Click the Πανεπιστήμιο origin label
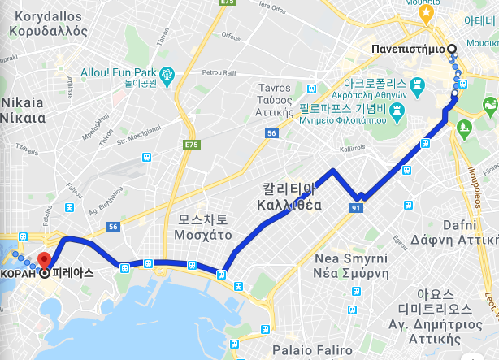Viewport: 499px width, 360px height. [407, 49]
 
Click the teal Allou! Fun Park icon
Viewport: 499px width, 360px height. [167, 74]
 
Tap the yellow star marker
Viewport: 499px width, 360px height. [424, 14]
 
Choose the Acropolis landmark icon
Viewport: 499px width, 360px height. [419, 85]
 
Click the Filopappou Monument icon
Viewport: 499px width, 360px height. [397, 109]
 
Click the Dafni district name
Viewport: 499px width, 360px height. [464, 232]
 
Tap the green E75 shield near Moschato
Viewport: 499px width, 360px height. [191, 145]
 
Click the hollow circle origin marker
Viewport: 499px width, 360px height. [451, 49]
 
